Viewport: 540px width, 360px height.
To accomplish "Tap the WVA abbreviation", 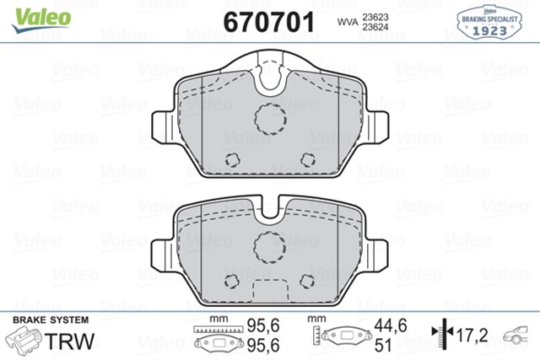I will (348, 20).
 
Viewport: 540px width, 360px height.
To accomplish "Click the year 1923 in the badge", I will (489, 32).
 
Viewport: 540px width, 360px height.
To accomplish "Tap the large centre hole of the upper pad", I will (270, 118).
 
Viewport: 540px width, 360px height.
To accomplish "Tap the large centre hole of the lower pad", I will (270, 247).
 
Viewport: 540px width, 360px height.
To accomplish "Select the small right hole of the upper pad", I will (308, 161).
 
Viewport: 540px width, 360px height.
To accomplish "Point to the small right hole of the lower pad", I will (308, 284).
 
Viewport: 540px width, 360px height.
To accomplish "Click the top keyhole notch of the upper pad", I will (270, 77).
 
